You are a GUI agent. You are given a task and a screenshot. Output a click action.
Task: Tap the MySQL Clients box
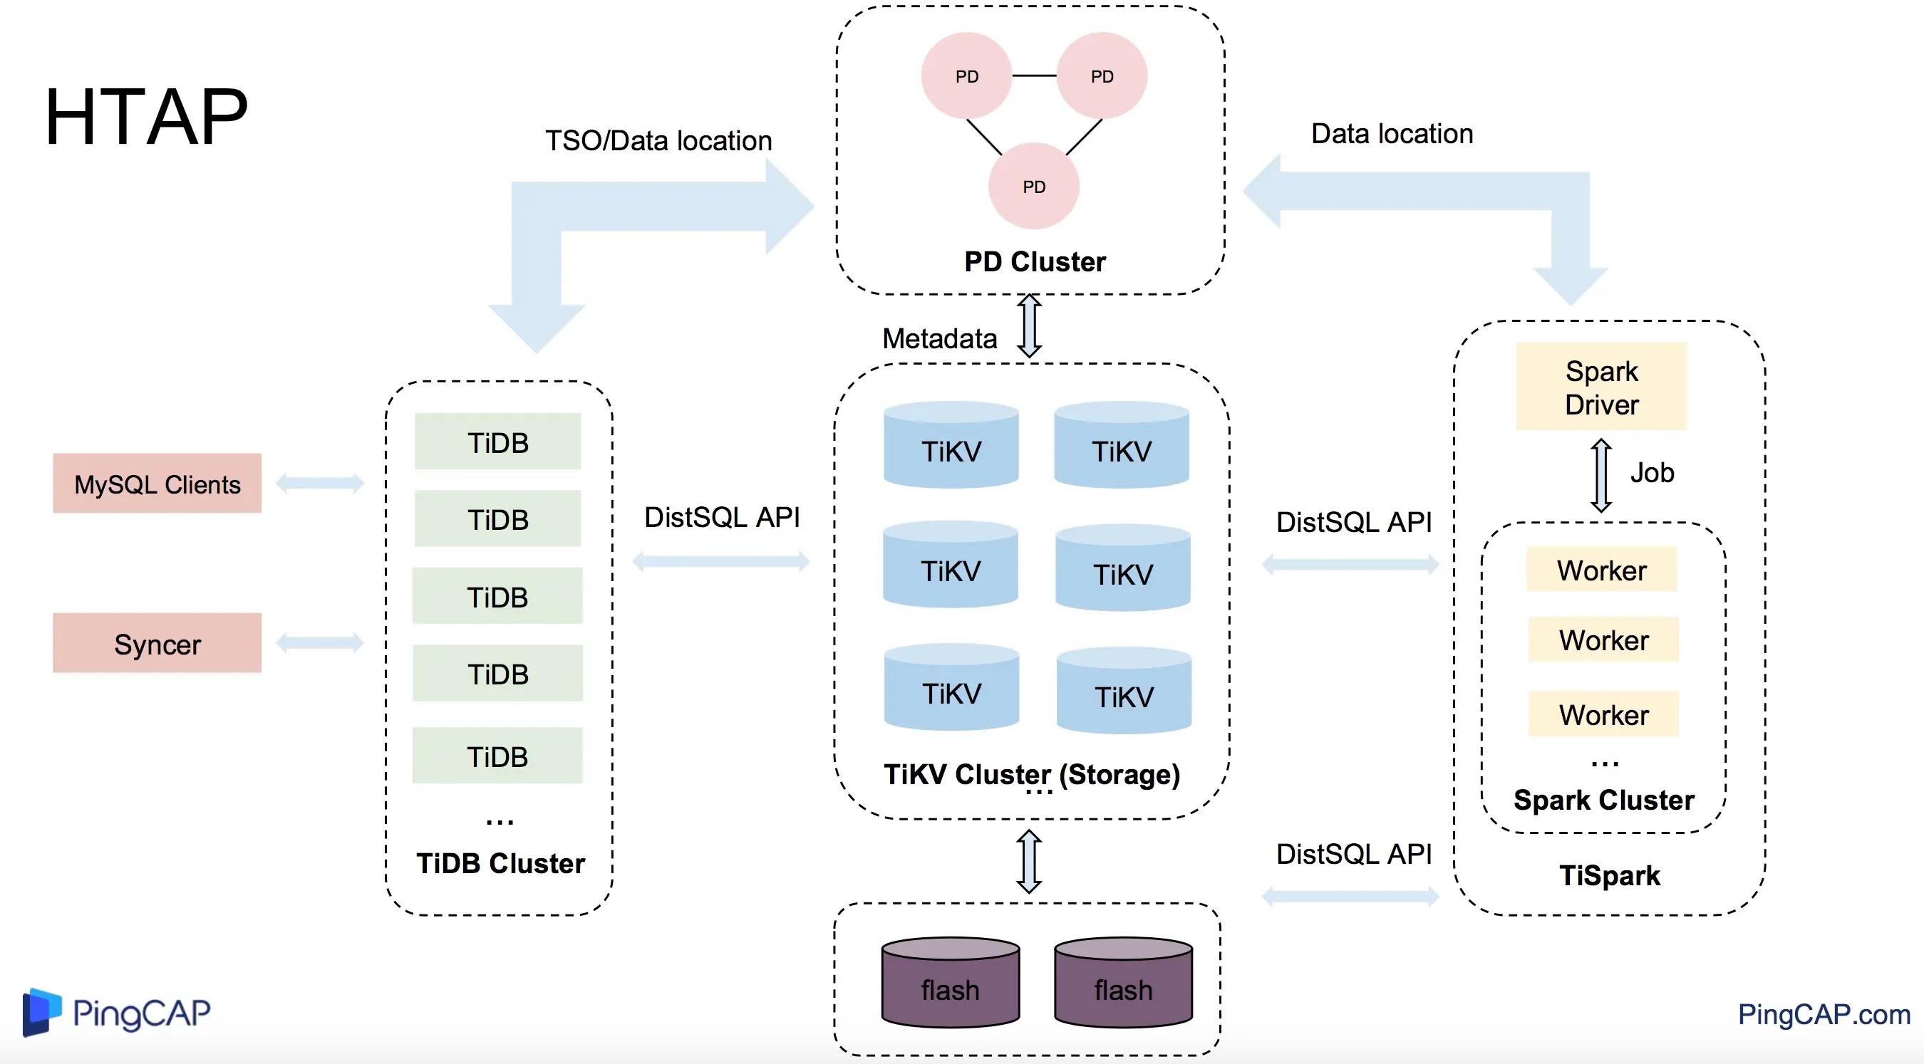[157, 484]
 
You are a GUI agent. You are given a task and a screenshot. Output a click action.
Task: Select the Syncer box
[157, 644]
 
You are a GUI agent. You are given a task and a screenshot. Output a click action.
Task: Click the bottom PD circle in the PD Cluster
[1034, 186]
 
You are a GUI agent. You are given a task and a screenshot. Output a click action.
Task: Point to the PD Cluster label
[1035, 261]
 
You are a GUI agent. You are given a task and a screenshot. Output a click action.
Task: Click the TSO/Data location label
[658, 140]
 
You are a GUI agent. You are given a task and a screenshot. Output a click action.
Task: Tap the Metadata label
[940, 338]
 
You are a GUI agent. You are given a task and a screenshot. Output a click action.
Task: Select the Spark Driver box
[1601, 387]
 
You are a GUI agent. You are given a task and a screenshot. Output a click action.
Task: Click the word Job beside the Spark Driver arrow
[1651, 473]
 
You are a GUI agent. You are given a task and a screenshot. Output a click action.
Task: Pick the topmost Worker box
[1601, 570]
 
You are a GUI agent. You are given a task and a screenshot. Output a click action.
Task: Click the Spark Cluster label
[1603, 800]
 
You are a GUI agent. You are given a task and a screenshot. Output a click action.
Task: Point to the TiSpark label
[1610, 875]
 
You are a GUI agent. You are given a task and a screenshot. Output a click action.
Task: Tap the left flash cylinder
[950, 983]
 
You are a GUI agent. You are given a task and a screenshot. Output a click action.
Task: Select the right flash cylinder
[1123, 983]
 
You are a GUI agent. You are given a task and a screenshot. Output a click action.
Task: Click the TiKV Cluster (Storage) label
[1031, 774]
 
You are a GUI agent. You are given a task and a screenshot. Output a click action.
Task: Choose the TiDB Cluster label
[500, 863]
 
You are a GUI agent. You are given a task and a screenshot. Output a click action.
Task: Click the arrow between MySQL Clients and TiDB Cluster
[320, 483]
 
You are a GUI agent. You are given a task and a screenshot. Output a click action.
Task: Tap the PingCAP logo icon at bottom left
[41, 1012]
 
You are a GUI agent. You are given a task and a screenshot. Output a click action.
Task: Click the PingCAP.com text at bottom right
[1824, 1014]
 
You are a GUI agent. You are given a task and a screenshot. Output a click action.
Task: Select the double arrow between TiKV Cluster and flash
[1029, 861]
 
